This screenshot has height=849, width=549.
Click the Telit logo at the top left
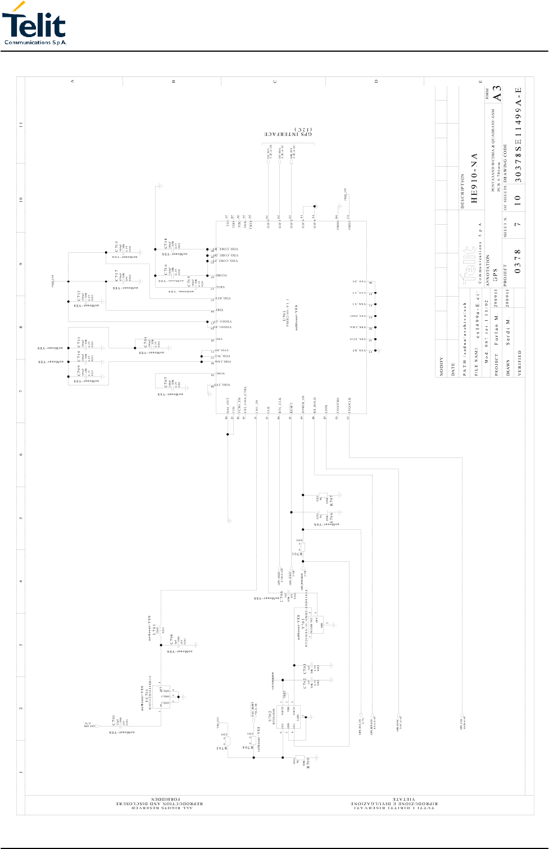click(x=34, y=24)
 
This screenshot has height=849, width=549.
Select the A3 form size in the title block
click(x=497, y=93)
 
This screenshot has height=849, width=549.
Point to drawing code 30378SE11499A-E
click(x=519, y=134)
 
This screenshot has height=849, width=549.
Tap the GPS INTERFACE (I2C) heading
click(x=288, y=134)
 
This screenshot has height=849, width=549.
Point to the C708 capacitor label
click(x=145, y=342)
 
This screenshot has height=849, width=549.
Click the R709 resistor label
click(x=308, y=764)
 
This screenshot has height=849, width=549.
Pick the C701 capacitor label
click(x=114, y=720)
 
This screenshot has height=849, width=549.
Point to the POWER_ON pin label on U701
click(x=303, y=404)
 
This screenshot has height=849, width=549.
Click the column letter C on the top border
click(x=275, y=81)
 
